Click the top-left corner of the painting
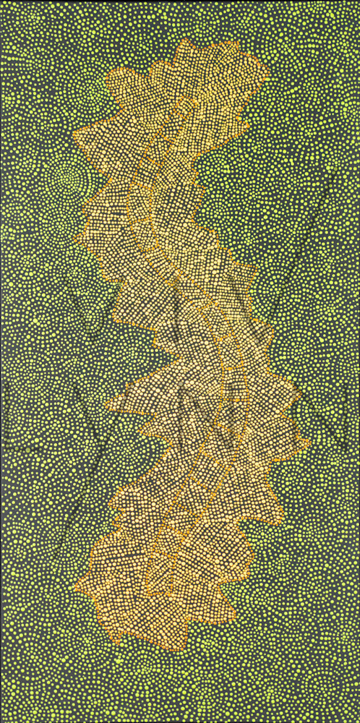[x=1, y=1]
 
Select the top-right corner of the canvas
[x=358, y=1]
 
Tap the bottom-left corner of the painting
[x=1, y=721]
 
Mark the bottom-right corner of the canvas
[x=358, y=721]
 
